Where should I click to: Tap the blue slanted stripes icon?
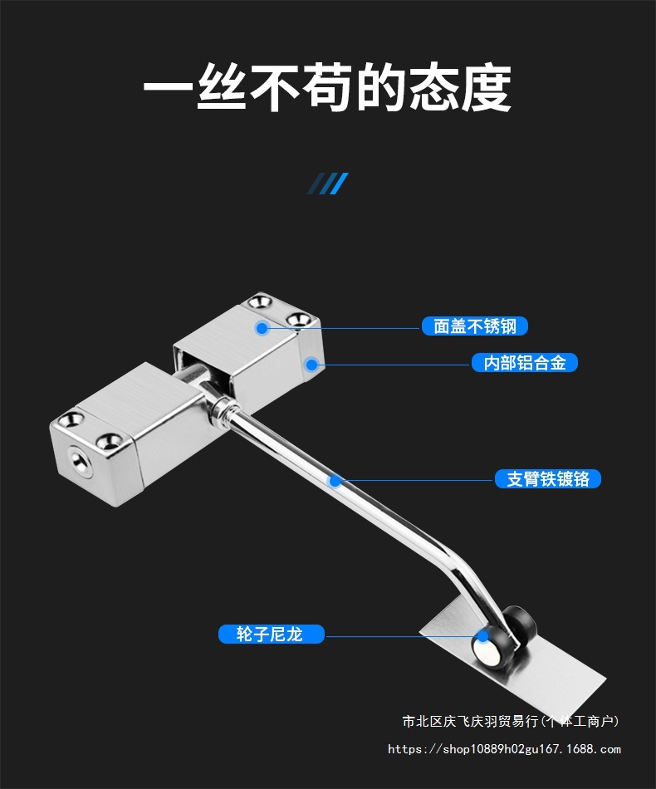[x=327, y=184]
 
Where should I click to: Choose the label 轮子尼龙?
[x=271, y=635]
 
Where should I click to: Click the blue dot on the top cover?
[x=262, y=328]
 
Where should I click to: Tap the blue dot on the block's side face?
[x=311, y=364]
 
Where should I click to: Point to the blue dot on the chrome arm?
[x=335, y=480]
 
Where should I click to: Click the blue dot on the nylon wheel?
[x=482, y=638]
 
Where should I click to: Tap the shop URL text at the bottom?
[x=504, y=749]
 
